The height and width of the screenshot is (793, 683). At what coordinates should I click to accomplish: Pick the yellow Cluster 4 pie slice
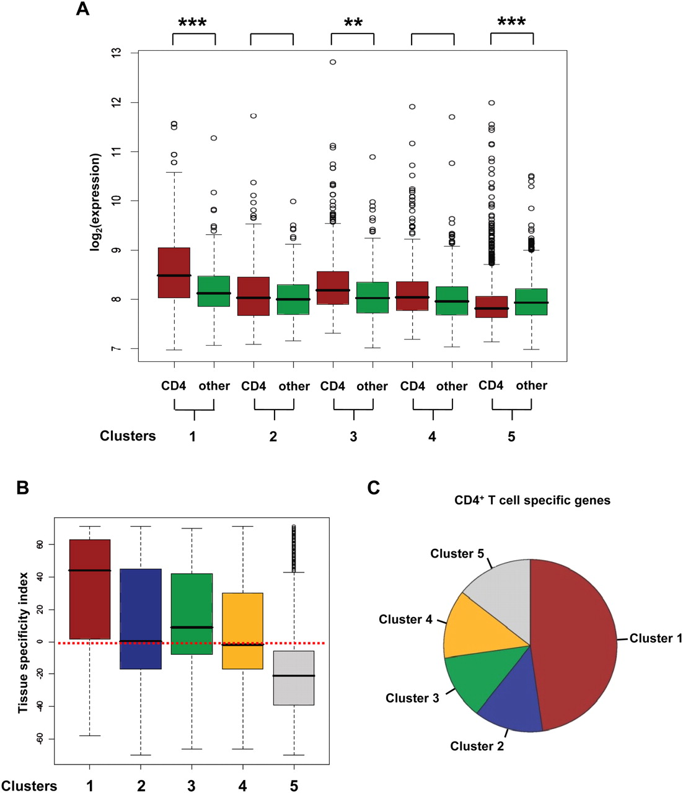tap(474, 626)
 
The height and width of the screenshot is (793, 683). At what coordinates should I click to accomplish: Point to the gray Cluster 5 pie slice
tap(502, 585)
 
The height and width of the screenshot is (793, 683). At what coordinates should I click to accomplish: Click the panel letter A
tap(83, 9)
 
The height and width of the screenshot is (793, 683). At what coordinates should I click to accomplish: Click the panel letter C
tap(373, 488)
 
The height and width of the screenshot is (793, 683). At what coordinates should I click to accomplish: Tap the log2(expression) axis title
tap(95, 203)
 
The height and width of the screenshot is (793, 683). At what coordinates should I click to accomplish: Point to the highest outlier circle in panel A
tap(333, 62)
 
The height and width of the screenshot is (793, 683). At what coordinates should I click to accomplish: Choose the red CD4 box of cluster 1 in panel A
tap(174, 273)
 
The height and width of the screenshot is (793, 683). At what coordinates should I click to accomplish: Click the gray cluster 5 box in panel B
tap(294, 678)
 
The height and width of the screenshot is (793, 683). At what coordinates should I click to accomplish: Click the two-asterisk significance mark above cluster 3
tap(353, 24)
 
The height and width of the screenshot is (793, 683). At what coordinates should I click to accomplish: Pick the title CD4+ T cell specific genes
tap(532, 501)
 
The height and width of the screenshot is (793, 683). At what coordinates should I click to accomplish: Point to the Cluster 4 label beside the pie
tap(405, 620)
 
